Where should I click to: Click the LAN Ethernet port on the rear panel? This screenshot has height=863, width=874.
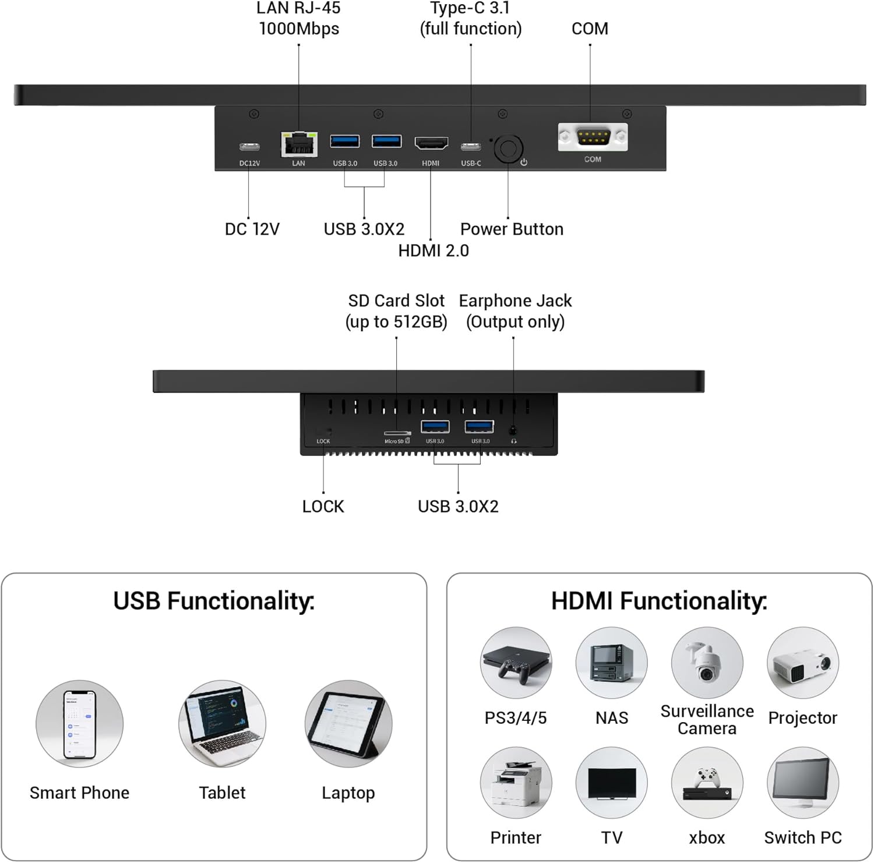click(299, 144)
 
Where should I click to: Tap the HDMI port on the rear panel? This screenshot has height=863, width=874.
click(431, 143)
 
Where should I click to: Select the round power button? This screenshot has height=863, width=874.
click(508, 149)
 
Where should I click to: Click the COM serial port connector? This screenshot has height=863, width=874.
click(593, 137)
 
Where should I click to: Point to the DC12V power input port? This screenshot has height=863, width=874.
click(249, 146)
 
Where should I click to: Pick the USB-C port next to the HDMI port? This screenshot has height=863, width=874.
click(471, 146)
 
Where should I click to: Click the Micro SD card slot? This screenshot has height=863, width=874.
click(397, 433)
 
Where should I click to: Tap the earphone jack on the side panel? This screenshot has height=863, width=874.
click(513, 431)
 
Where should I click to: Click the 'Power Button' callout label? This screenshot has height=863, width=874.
click(512, 229)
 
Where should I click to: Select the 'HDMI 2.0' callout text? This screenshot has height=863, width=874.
click(434, 251)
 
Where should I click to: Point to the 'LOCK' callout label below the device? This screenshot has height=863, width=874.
click(323, 507)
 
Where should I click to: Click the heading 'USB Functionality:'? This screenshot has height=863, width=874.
click(214, 601)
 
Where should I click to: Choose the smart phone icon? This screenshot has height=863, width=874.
click(79, 724)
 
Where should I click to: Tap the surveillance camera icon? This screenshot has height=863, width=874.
click(707, 663)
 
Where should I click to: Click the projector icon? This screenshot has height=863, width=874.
click(802, 663)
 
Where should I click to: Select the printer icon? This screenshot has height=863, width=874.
click(516, 783)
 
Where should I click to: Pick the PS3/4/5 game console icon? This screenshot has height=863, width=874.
click(516, 663)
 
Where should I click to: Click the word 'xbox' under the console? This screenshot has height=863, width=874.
click(707, 838)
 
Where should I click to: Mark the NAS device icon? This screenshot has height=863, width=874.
click(611, 663)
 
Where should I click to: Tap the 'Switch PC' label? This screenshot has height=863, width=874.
click(802, 838)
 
